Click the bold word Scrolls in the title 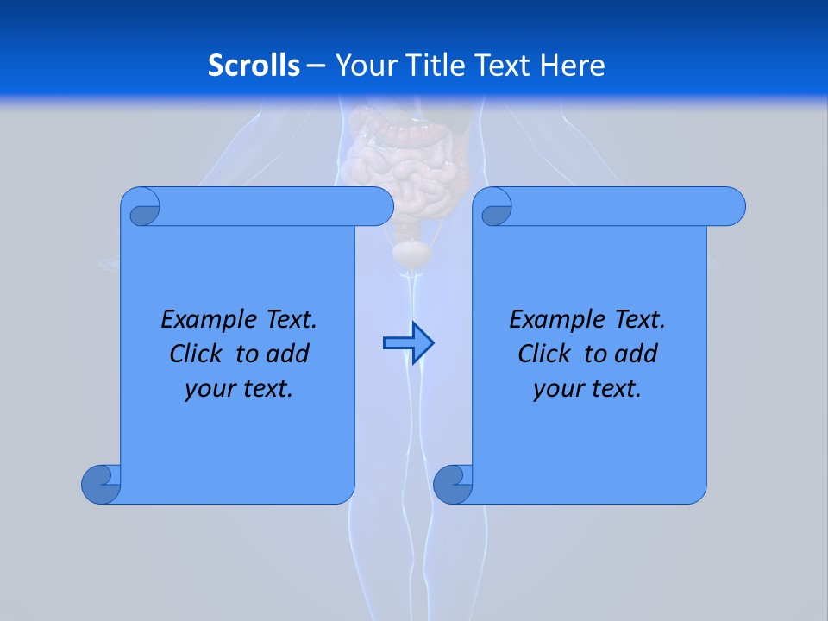click(x=254, y=65)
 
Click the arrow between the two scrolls click(x=408, y=343)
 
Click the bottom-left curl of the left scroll click(x=101, y=484)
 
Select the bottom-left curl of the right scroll click(x=452, y=484)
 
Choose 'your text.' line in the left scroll click(x=239, y=389)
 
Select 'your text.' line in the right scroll click(x=587, y=389)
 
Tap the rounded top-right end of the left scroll click(x=379, y=206)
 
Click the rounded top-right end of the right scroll click(x=731, y=206)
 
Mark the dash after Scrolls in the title click(x=316, y=65)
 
